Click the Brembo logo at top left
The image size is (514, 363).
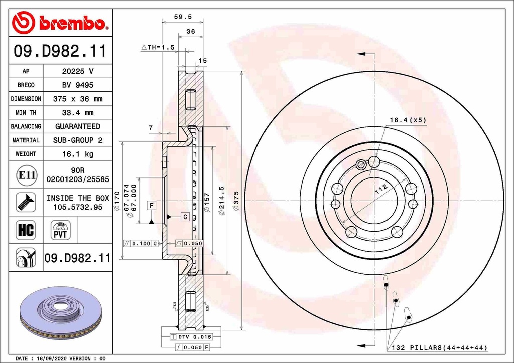[60, 23]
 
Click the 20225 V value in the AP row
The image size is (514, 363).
[77, 71]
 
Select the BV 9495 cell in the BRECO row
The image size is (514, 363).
[77, 85]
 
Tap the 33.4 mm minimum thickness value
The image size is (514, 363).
[77, 113]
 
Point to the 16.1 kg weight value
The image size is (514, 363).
[77, 154]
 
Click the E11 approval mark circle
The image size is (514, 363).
[26, 175]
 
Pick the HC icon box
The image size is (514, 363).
[26, 230]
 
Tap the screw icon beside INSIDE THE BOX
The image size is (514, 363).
[26, 202]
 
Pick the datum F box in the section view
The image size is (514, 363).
[151, 205]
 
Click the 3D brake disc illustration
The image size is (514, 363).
[60, 314]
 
